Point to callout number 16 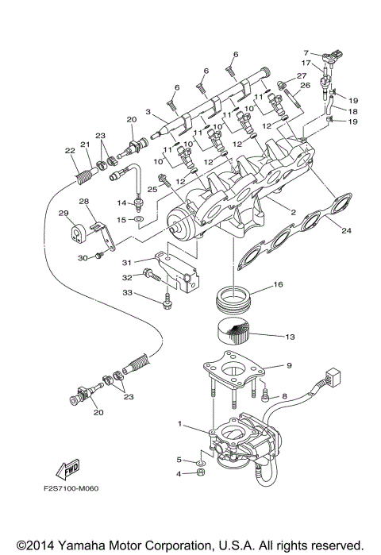(x=277, y=284)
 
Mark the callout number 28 (x=83, y=202)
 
